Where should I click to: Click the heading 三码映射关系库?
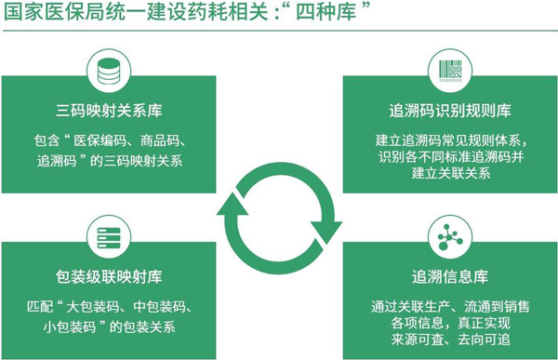click(x=109, y=111)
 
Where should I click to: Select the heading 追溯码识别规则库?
click(x=450, y=111)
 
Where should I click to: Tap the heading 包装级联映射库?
click(x=109, y=276)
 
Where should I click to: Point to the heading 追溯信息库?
click(x=450, y=276)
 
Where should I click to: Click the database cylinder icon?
click(x=109, y=72)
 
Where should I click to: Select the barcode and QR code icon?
click(x=450, y=71)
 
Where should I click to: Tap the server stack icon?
click(x=109, y=237)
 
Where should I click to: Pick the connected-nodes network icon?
click(x=450, y=237)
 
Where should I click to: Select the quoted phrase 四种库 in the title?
click(x=326, y=12)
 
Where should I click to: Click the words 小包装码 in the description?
click(x=70, y=327)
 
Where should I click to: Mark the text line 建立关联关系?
click(x=451, y=173)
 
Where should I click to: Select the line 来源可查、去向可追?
click(x=450, y=339)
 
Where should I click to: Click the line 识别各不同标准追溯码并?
click(x=451, y=156)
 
